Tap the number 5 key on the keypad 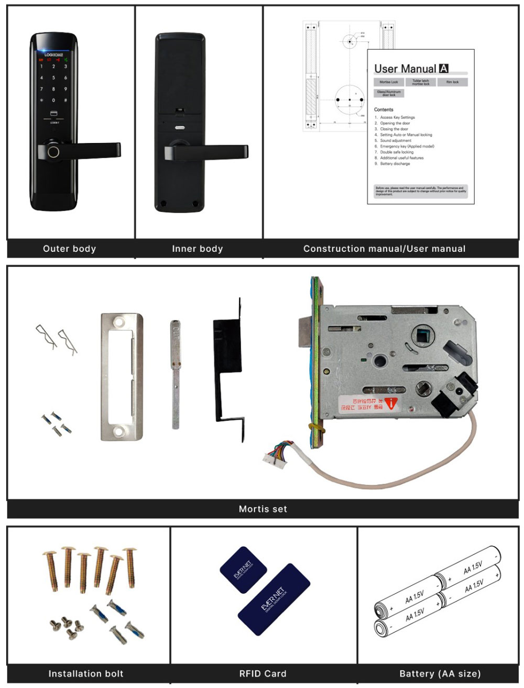pos(53,77)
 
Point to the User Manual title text pos(406,69)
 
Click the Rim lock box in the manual pos(452,82)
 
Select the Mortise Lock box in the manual pos(389,82)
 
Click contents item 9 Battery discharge pos(395,164)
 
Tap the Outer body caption pos(70,249)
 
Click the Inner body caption pos(198,249)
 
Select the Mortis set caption pos(263,509)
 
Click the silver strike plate pos(122,377)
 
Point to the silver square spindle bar pos(175,377)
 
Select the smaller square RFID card pos(243,570)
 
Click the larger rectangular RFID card pos(274,600)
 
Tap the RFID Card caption pos(263,674)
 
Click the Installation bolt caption pos(86,674)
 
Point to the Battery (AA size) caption pos(440,674)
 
